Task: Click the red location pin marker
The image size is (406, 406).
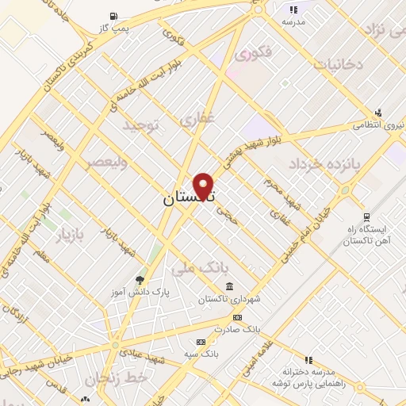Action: (204, 185)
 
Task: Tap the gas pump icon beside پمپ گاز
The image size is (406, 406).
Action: (113, 15)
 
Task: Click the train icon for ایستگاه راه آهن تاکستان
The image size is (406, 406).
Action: (366, 216)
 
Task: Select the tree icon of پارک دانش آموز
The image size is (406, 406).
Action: (140, 279)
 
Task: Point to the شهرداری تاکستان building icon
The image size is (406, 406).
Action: (229, 286)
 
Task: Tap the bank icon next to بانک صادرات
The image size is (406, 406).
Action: (237, 316)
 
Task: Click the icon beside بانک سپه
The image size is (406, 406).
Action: (201, 343)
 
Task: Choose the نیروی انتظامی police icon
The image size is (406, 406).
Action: (378, 113)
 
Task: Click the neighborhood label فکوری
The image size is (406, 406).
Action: (253, 54)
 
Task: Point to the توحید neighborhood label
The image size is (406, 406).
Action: (142, 125)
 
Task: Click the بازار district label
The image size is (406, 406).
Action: (69, 234)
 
